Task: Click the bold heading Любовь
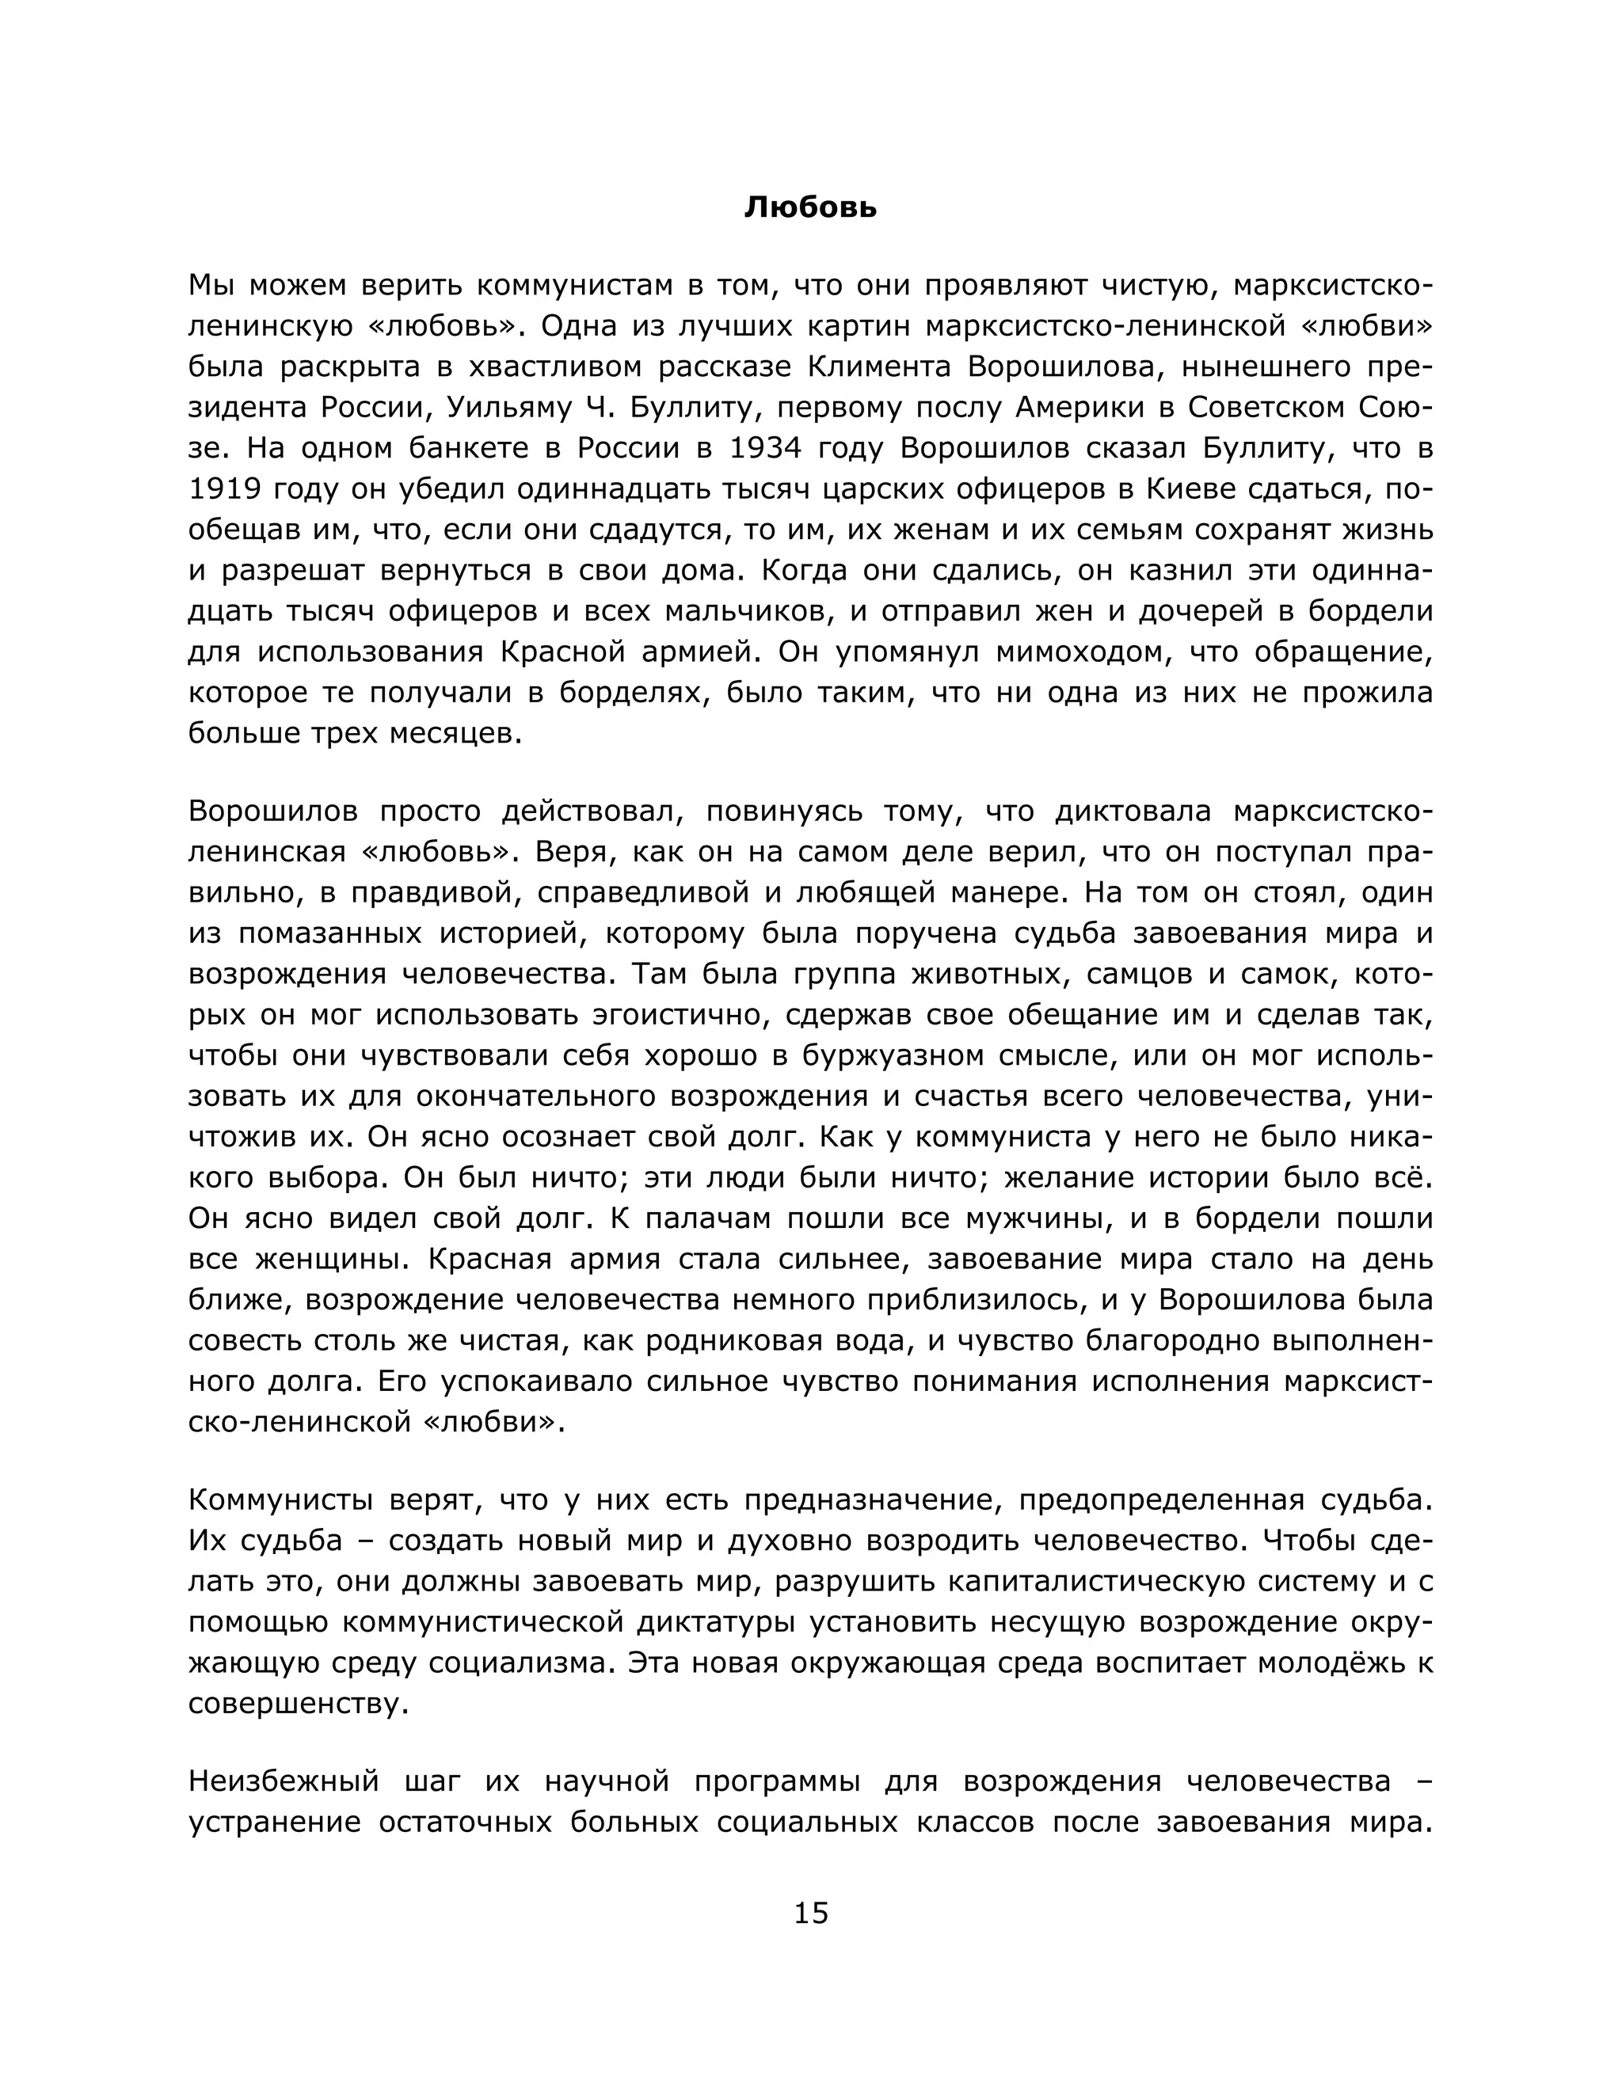[x=810, y=208]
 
